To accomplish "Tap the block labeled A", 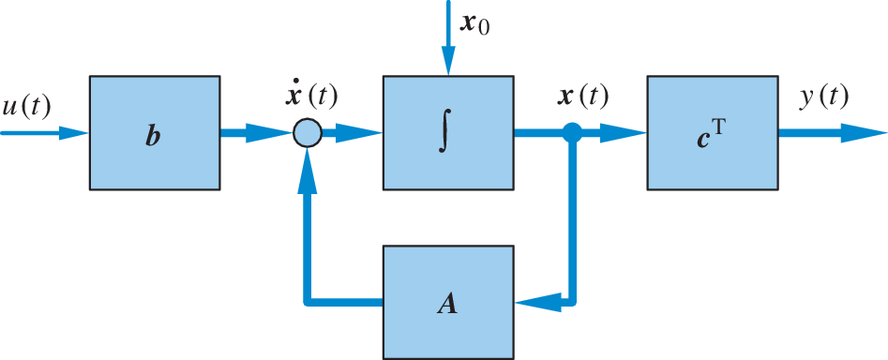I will coord(448,303).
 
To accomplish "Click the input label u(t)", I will coord(26,106).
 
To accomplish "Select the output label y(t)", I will coord(823,97).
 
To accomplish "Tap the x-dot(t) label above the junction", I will coord(309,95).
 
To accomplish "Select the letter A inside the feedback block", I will coord(448,304).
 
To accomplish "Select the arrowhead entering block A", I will coord(531,303).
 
